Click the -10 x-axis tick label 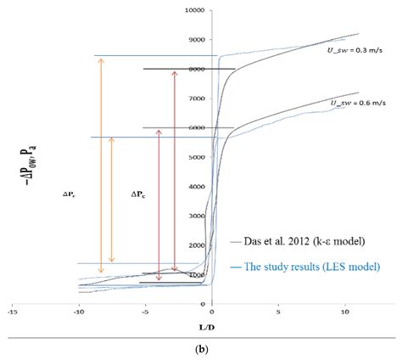[78, 312]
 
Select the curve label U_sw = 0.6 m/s [353, 103]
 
